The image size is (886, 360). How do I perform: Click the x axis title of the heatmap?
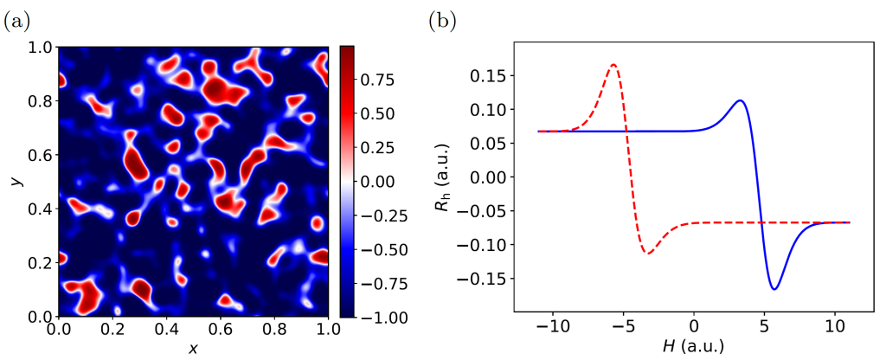(x=193, y=348)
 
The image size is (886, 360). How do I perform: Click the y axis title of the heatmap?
(x=15, y=181)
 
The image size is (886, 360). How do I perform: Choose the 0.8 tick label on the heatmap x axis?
(x=274, y=331)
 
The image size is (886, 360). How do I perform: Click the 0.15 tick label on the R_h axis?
(x=488, y=76)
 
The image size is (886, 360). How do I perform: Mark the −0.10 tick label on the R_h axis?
(x=485, y=245)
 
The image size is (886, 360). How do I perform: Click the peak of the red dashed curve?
(x=613, y=64)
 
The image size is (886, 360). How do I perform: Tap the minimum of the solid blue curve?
(x=774, y=289)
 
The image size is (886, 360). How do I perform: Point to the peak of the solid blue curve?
(x=741, y=100)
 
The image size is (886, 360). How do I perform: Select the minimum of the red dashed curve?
(x=647, y=253)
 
